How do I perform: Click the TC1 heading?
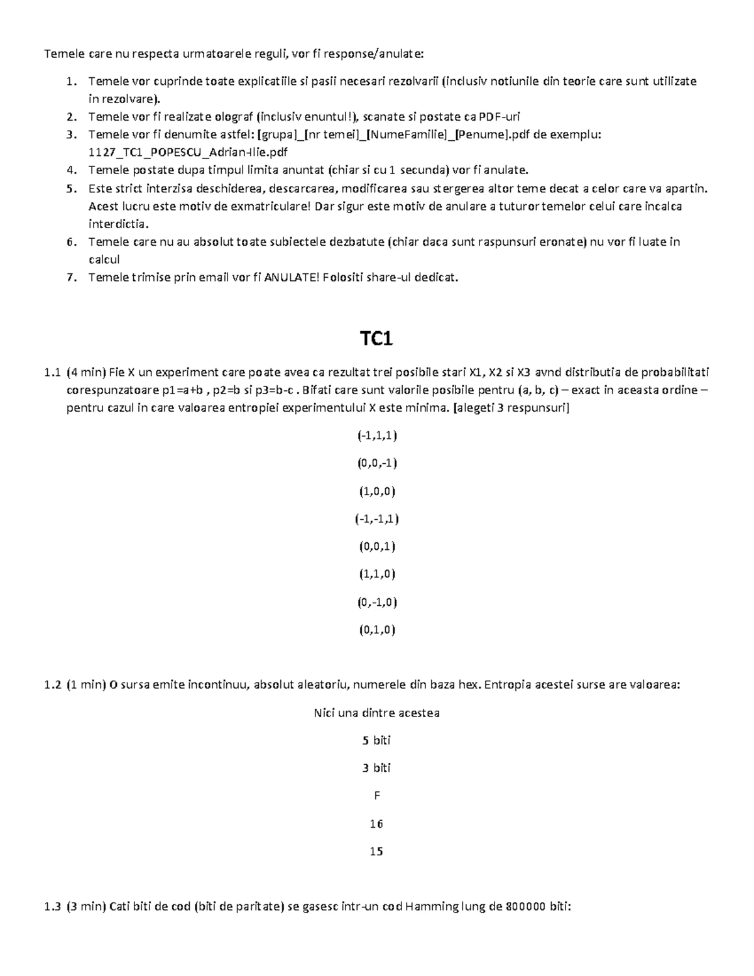pyautogui.click(x=376, y=339)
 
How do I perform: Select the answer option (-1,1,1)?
pyautogui.click(x=376, y=436)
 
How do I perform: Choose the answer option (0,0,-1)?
pyautogui.click(x=376, y=463)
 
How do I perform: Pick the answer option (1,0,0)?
pyautogui.click(x=376, y=491)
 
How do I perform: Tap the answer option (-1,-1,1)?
pyautogui.click(x=376, y=518)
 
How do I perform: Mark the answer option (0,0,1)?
pyautogui.click(x=376, y=546)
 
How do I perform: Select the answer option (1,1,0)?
pyautogui.click(x=376, y=574)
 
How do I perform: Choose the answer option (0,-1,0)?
pyautogui.click(x=376, y=602)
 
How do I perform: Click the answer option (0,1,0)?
pyautogui.click(x=376, y=630)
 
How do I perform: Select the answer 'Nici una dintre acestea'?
pyautogui.click(x=376, y=713)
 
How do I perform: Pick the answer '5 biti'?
pyautogui.click(x=376, y=740)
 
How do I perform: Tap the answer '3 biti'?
pyautogui.click(x=376, y=768)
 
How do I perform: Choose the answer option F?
pyautogui.click(x=377, y=796)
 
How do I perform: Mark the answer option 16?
pyautogui.click(x=376, y=824)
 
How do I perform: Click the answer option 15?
pyautogui.click(x=376, y=852)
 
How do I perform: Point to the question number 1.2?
pyautogui.click(x=53, y=685)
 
